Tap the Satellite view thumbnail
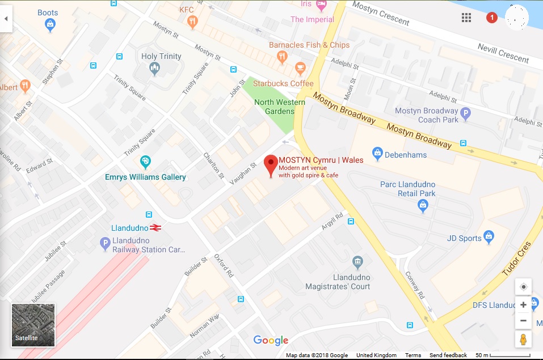33,324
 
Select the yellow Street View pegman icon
523,339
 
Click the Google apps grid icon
466,18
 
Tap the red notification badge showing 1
492,18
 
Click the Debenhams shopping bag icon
377,153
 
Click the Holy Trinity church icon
154,69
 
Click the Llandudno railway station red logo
156,228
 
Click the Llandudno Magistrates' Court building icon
357,262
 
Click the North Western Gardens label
279,107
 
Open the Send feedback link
448,355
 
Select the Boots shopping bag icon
50,24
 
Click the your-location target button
523,287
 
